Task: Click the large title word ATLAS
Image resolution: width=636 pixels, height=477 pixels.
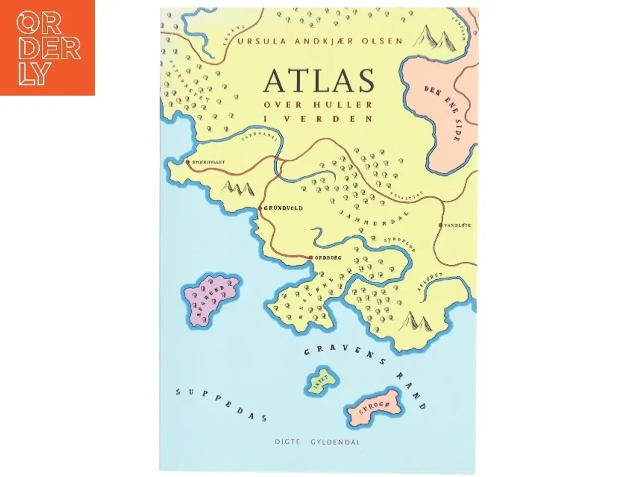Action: click(318, 81)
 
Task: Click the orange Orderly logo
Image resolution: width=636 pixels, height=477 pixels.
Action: click(48, 48)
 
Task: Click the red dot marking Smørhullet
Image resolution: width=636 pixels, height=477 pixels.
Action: click(187, 162)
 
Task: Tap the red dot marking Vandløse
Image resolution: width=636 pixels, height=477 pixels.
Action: click(440, 225)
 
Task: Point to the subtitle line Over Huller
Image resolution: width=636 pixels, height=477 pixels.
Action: click(318, 105)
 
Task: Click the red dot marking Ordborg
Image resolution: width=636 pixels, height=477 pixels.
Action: click(311, 257)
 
